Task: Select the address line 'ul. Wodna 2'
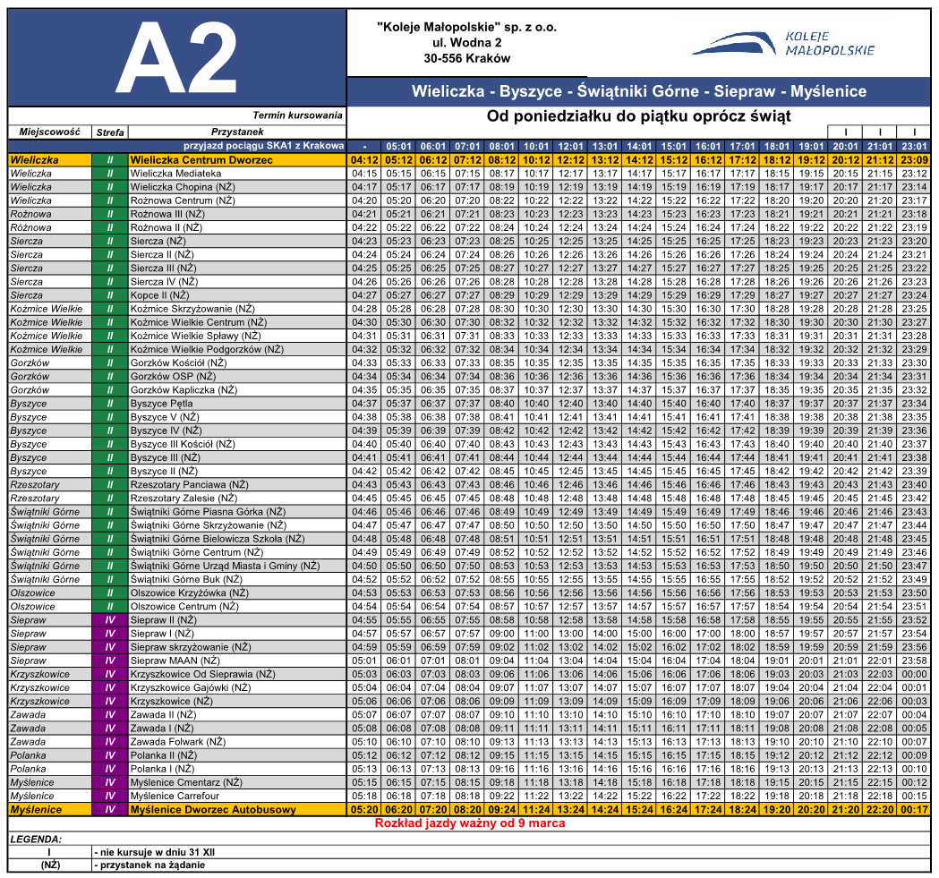466,42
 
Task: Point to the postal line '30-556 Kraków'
466,58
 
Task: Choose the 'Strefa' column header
110,132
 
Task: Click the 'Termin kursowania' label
297,115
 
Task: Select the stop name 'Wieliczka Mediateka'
175,174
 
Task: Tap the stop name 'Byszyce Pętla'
161,404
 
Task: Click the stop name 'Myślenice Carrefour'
174,796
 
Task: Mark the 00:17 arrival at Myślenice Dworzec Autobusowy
915,809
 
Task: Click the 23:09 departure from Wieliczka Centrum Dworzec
915,159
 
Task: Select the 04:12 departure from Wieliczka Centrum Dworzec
364,159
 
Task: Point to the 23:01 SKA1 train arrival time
915,146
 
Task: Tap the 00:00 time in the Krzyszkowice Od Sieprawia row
915,674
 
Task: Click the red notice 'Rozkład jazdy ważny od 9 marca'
469,823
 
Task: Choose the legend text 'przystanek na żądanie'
151,865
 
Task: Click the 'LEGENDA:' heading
36,840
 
